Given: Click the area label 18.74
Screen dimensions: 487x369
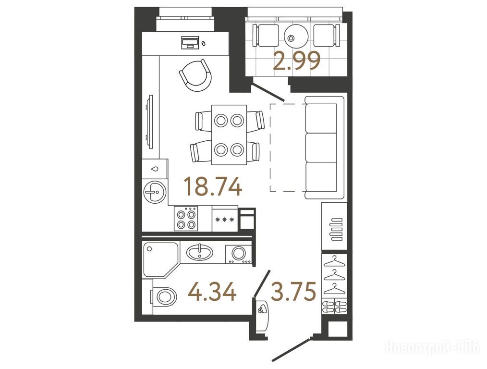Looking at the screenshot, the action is pos(213,186).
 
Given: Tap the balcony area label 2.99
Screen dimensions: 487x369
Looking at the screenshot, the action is pos(297,61).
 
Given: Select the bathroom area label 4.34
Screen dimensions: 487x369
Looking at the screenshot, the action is pos(212,292).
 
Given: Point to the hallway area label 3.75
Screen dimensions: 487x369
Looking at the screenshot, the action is pos(293,291).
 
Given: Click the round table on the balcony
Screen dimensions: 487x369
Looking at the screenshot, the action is pos(296,36).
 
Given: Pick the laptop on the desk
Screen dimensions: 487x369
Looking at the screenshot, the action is pos(190,42).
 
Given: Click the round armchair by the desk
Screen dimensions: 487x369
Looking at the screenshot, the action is pos(195,75).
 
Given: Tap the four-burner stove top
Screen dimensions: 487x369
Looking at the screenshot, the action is pos(186,219).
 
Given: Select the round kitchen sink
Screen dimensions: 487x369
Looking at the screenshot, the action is pos(154,192).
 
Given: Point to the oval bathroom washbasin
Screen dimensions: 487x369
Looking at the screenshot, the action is pos(199,252).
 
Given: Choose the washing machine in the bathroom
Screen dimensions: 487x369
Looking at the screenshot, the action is pos(239,254).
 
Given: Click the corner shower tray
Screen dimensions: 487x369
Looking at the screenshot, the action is pos(160,259).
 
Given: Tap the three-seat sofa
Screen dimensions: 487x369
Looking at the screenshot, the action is pos(324,148).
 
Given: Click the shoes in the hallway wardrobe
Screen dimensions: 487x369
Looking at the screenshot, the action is pos(334,306).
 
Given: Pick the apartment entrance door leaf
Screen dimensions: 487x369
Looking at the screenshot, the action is pos(292,350).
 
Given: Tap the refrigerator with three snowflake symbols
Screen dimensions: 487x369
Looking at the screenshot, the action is pos(225,219).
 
